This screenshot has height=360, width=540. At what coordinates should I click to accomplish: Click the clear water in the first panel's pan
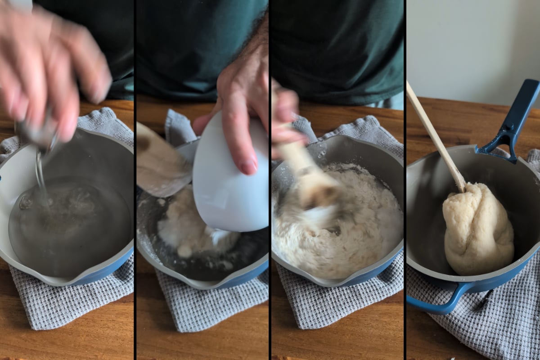pos(67,225)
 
